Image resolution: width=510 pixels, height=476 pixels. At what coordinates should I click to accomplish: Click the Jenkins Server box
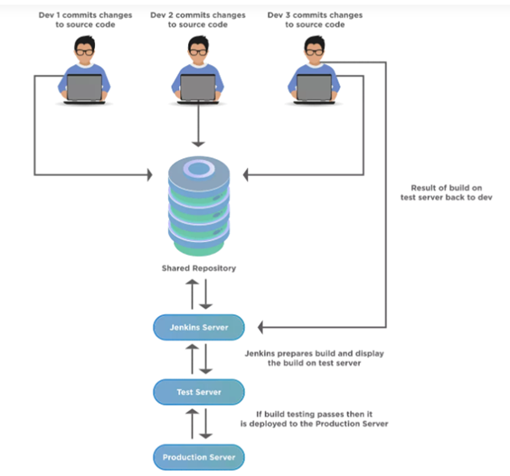pos(199,327)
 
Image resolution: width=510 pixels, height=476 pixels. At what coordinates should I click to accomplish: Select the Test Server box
pos(199,392)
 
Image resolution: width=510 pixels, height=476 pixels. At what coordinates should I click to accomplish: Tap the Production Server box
pos(199,457)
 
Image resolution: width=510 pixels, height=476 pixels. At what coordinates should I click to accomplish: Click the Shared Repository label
pos(199,268)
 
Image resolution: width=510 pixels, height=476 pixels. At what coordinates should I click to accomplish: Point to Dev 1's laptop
pos(85,89)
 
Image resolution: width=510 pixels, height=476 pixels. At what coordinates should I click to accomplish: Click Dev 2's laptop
pos(198,89)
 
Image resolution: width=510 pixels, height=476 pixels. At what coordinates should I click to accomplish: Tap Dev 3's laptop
pos(314,89)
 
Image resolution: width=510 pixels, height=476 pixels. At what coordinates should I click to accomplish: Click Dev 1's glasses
pos(85,52)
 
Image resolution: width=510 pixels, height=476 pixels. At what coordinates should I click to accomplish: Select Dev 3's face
pos(314,53)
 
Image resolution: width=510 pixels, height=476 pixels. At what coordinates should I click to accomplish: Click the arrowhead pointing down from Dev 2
pos(198,144)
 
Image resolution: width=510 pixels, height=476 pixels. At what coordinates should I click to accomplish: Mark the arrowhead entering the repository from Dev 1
pos(149,175)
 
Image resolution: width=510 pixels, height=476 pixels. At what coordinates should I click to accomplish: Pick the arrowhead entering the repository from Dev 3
pos(246,175)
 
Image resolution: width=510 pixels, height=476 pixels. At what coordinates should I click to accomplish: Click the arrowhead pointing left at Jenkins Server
pos(260,327)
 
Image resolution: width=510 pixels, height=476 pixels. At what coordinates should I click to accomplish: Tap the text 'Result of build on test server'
pos(447,192)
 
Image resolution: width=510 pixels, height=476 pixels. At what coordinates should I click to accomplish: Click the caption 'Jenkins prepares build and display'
pos(314,353)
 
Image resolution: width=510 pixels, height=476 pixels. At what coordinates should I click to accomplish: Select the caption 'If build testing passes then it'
pos(314,415)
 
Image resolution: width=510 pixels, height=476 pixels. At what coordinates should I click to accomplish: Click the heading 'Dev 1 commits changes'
pos(85,15)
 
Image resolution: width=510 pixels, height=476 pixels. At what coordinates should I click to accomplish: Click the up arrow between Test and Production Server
pos(193,424)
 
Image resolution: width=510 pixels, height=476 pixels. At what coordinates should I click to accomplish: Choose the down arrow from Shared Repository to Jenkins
pos(205,294)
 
